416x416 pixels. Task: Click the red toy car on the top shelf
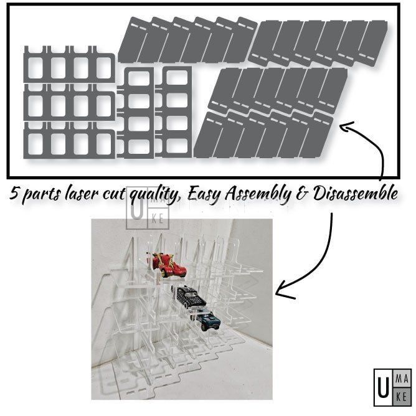pos(169,265)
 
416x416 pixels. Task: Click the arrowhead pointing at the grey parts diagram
pos(343,126)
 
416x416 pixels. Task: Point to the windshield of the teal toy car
pos(210,318)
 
